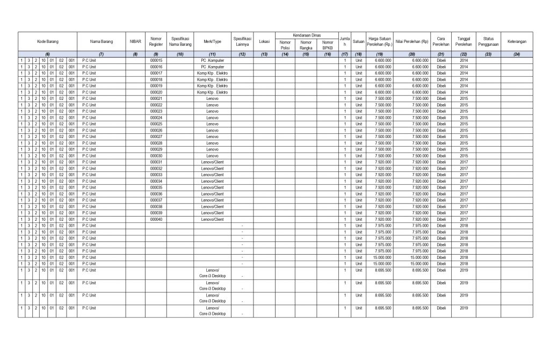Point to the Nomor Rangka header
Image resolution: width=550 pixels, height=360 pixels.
[x=306, y=45]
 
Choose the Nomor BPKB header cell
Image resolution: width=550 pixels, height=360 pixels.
[x=328, y=45]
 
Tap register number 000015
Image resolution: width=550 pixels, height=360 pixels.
[x=156, y=61]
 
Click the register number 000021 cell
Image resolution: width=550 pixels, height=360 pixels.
[x=156, y=99]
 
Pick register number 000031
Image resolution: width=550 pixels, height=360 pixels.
[x=156, y=162]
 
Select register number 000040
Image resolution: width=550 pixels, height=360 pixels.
[x=156, y=219]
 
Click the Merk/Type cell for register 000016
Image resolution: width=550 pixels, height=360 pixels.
[x=212, y=67]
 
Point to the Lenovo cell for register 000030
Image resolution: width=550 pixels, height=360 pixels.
[x=212, y=156]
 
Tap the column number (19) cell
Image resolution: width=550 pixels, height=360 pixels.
[x=379, y=54]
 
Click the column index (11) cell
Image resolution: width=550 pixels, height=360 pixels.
[x=212, y=54]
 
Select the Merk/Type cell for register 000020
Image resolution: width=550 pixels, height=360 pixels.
[x=212, y=92]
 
